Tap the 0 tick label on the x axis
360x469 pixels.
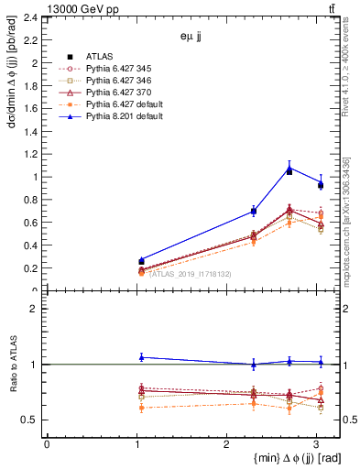coord(47,445)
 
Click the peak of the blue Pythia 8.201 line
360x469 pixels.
coord(289,167)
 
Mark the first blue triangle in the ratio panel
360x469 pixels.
coord(141,357)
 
